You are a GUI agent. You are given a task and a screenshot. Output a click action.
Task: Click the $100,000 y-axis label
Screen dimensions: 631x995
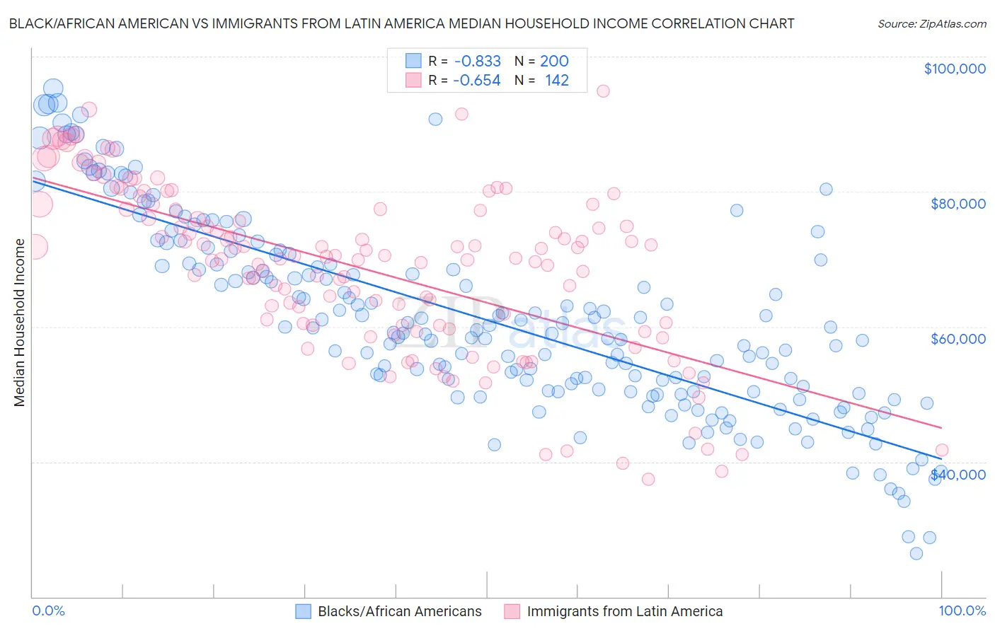pyautogui.click(x=954, y=69)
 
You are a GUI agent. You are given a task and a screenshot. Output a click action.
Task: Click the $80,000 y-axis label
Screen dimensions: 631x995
pyautogui.click(x=957, y=204)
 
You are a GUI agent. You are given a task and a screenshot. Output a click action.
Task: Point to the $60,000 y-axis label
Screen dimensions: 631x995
pyautogui.click(x=957, y=339)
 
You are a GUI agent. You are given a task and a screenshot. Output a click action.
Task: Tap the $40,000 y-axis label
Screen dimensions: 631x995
pyautogui.click(x=957, y=474)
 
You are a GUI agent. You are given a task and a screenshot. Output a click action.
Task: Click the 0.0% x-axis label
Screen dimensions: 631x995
pyautogui.click(x=48, y=611)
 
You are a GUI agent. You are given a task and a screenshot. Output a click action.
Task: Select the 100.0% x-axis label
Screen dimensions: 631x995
pyautogui.click(x=962, y=611)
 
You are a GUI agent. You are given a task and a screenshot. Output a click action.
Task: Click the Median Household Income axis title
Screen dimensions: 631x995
pyautogui.click(x=20, y=323)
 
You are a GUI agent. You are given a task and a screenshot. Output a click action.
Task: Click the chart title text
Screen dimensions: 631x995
pyautogui.click(x=401, y=23)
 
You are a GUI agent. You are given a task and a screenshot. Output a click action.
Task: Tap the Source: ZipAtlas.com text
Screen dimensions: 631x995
pyautogui.click(x=931, y=23)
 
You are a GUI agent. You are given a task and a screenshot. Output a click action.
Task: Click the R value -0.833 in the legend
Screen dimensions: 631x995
pyautogui.click(x=477, y=62)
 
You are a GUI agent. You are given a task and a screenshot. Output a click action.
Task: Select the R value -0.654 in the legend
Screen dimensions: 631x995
pyautogui.click(x=477, y=81)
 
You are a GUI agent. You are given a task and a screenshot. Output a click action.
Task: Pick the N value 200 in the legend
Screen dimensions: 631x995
pyautogui.click(x=554, y=62)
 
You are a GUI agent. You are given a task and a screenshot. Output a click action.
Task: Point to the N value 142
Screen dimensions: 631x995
pyautogui.click(x=556, y=81)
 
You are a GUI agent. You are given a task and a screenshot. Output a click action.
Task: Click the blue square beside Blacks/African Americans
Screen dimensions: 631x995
pyautogui.click(x=303, y=611)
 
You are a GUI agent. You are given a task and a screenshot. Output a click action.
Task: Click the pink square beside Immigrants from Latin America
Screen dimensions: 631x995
pyautogui.click(x=512, y=611)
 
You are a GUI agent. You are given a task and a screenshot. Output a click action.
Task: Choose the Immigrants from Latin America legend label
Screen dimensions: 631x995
pyautogui.click(x=624, y=611)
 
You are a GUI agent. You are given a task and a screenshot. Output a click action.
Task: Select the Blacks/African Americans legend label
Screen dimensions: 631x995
pyautogui.click(x=399, y=611)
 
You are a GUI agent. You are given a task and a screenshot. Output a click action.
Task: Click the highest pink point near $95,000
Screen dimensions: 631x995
pyautogui.click(x=603, y=91)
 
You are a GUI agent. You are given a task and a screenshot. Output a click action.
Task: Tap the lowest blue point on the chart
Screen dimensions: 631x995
pyautogui.click(x=916, y=553)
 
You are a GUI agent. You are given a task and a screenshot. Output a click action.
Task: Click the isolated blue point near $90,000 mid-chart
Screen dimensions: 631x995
pyautogui.click(x=435, y=119)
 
